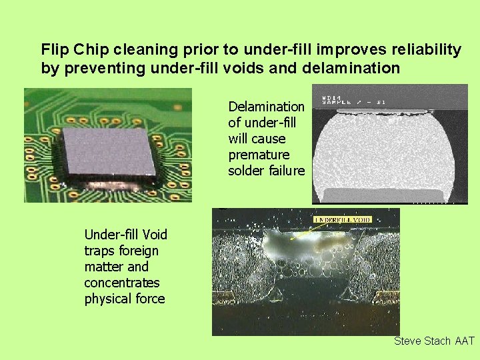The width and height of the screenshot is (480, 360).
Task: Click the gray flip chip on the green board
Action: click(108, 151)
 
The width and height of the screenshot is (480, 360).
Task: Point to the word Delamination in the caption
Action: click(266, 107)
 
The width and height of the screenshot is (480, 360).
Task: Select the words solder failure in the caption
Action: click(266, 171)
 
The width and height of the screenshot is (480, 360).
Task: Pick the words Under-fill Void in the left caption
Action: click(125, 235)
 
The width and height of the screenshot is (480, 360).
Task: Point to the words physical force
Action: click(124, 299)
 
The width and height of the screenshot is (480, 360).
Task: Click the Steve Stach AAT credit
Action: click(434, 341)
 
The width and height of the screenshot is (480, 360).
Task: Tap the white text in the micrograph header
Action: click(353, 99)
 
